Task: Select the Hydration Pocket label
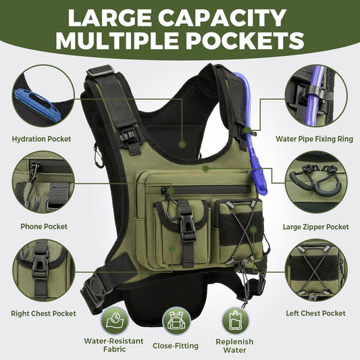point(41,139)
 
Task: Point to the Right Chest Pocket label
point(43,313)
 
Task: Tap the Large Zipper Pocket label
point(316,226)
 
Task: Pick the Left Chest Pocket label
point(316,313)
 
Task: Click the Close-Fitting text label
point(176,346)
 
